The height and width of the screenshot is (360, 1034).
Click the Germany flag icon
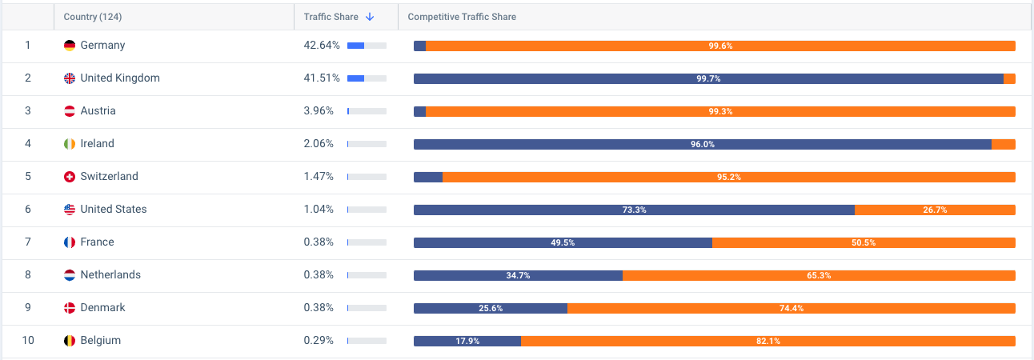[x=70, y=46]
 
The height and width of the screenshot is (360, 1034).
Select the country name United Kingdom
[x=120, y=78]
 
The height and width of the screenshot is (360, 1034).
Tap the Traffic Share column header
[x=331, y=17]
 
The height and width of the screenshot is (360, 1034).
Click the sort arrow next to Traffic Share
[x=369, y=17]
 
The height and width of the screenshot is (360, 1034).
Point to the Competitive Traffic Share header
[x=462, y=17]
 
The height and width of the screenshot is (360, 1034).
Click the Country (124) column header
[x=93, y=17]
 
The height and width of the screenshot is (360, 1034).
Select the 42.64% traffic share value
[x=322, y=46]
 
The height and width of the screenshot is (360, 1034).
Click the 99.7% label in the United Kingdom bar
[x=708, y=78]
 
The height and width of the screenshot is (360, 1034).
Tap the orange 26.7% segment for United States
[x=935, y=210]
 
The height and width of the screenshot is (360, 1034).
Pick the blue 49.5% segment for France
[x=563, y=242]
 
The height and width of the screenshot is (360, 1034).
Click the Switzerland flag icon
[x=70, y=177]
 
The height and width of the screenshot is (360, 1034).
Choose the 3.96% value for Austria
[x=319, y=111]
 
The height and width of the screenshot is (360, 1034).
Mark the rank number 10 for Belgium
[x=28, y=341]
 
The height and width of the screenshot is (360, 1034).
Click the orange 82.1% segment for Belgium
[x=767, y=341]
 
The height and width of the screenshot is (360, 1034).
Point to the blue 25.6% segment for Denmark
[x=491, y=308]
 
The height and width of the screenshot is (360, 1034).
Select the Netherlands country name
[x=110, y=275]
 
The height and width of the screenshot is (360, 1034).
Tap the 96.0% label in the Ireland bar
[x=702, y=144]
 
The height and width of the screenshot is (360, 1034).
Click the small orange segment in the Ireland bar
[x=1004, y=144]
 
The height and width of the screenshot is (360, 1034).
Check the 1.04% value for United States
[x=319, y=210]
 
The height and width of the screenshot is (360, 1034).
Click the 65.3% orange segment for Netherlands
[x=819, y=275]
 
